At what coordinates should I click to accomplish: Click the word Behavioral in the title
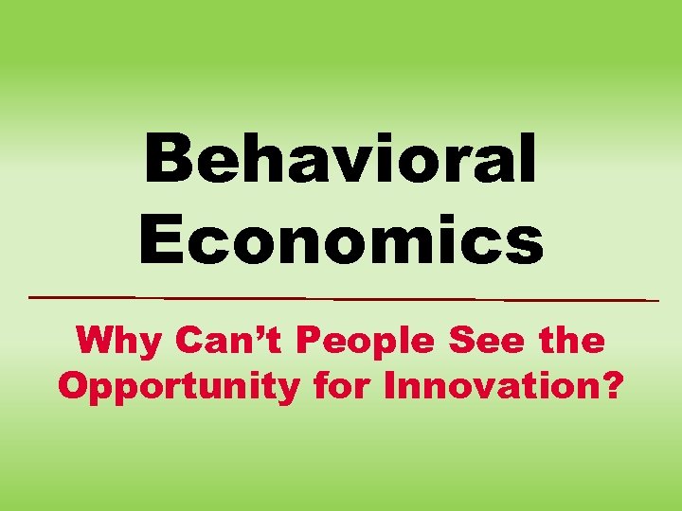pyautogui.click(x=341, y=159)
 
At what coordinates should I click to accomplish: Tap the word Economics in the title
pyautogui.click(x=341, y=238)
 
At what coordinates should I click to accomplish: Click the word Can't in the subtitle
pyautogui.click(x=220, y=340)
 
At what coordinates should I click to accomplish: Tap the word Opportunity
pyautogui.click(x=178, y=388)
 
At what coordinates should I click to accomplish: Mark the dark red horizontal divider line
pyautogui.click(x=341, y=298)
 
